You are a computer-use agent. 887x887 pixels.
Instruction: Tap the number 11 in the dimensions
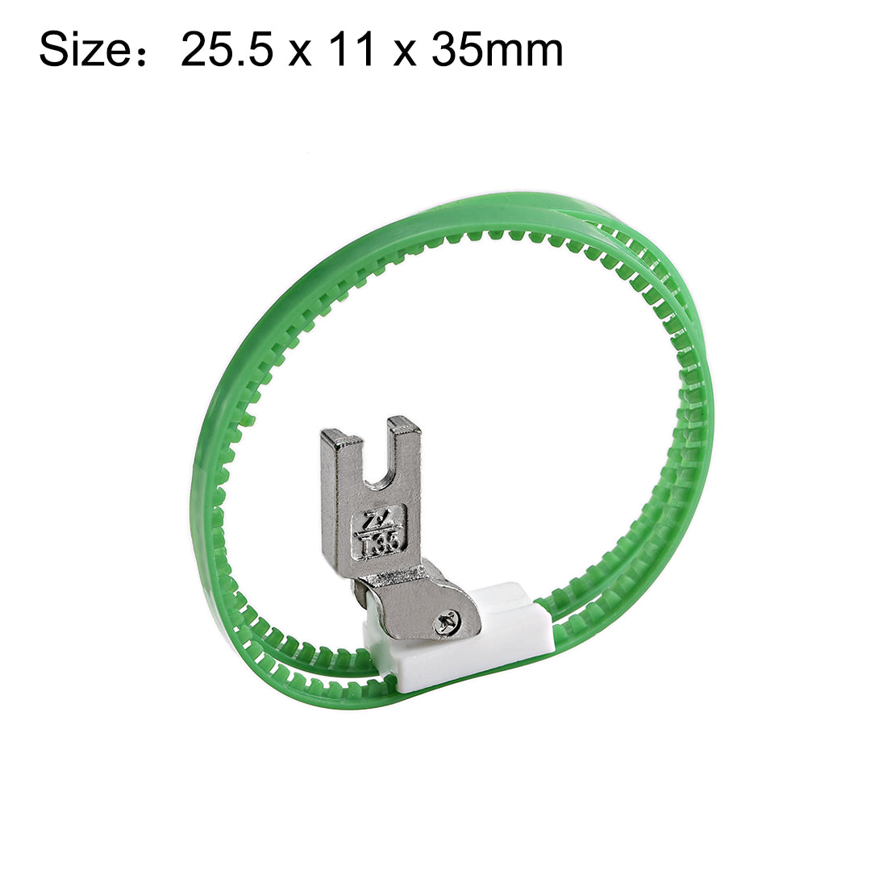pyautogui.click(x=354, y=50)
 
